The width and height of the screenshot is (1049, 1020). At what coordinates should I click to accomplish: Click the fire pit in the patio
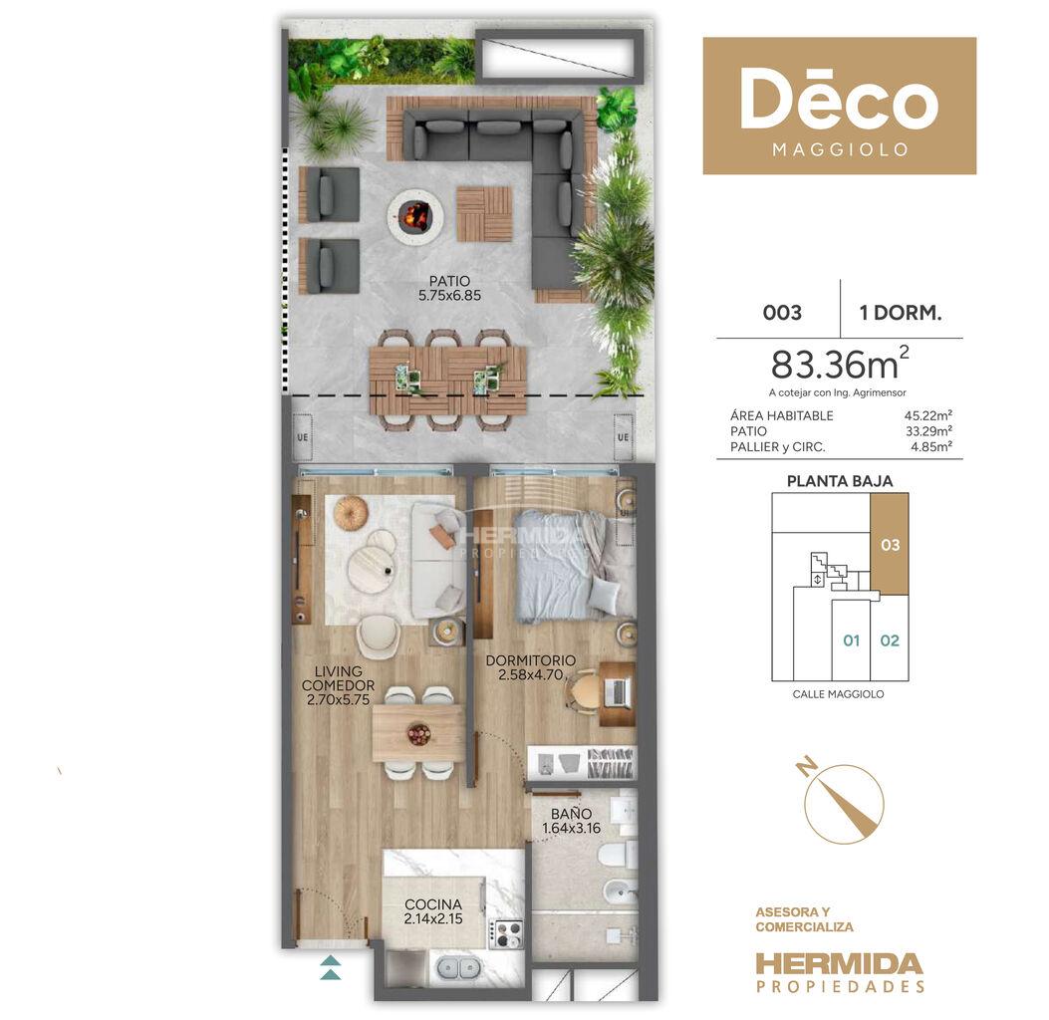click(x=414, y=215)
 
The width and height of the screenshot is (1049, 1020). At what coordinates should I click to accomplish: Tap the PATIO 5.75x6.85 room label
click(x=449, y=288)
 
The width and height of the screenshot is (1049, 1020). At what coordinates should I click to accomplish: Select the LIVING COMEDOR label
click(x=338, y=678)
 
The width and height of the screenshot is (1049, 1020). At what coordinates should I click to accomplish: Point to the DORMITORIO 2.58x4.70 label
click(x=531, y=667)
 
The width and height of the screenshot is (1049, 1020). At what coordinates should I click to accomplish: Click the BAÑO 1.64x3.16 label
click(x=572, y=821)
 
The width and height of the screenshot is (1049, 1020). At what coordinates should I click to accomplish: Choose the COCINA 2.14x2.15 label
click(x=433, y=911)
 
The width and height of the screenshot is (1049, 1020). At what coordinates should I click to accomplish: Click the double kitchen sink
click(x=458, y=967)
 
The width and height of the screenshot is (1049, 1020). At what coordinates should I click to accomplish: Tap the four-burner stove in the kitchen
click(x=507, y=933)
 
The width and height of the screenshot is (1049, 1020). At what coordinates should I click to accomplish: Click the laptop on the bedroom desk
click(x=617, y=692)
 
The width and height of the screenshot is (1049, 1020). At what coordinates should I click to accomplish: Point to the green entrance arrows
click(x=331, y=967)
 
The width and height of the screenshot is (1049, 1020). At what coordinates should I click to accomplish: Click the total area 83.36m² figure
click(x=840, y=364)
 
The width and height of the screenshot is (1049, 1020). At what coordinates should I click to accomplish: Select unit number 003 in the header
click(x=782, y=313)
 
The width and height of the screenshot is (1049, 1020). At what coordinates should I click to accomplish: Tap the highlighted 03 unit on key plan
click(x=890, y=545)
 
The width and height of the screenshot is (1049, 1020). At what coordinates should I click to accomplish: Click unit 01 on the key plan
click(x=851, y=640)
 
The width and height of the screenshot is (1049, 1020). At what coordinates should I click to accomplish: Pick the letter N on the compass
click(x=807, y=767)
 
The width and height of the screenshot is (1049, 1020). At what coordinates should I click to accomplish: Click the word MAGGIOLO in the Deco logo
click(x=840, y=149)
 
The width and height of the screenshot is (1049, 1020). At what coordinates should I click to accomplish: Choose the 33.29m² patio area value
click(x=928, y=431)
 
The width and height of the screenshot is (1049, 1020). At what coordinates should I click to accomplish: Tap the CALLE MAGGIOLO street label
click(x=838, y=694)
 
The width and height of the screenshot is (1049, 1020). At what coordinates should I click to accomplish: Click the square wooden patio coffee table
click(x=484, y=214)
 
